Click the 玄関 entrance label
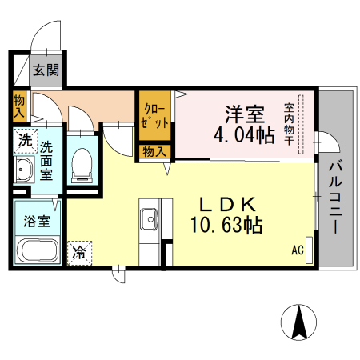click(x=46, y=70)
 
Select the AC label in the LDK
click(x=298, y=250)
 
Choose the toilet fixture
click(x=82, y=164)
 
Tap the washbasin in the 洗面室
click(x=24, y=170)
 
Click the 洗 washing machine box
click(x=26, y=141)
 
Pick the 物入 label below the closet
click(x=154, y=151)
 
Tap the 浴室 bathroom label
click(x=36, y=221)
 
